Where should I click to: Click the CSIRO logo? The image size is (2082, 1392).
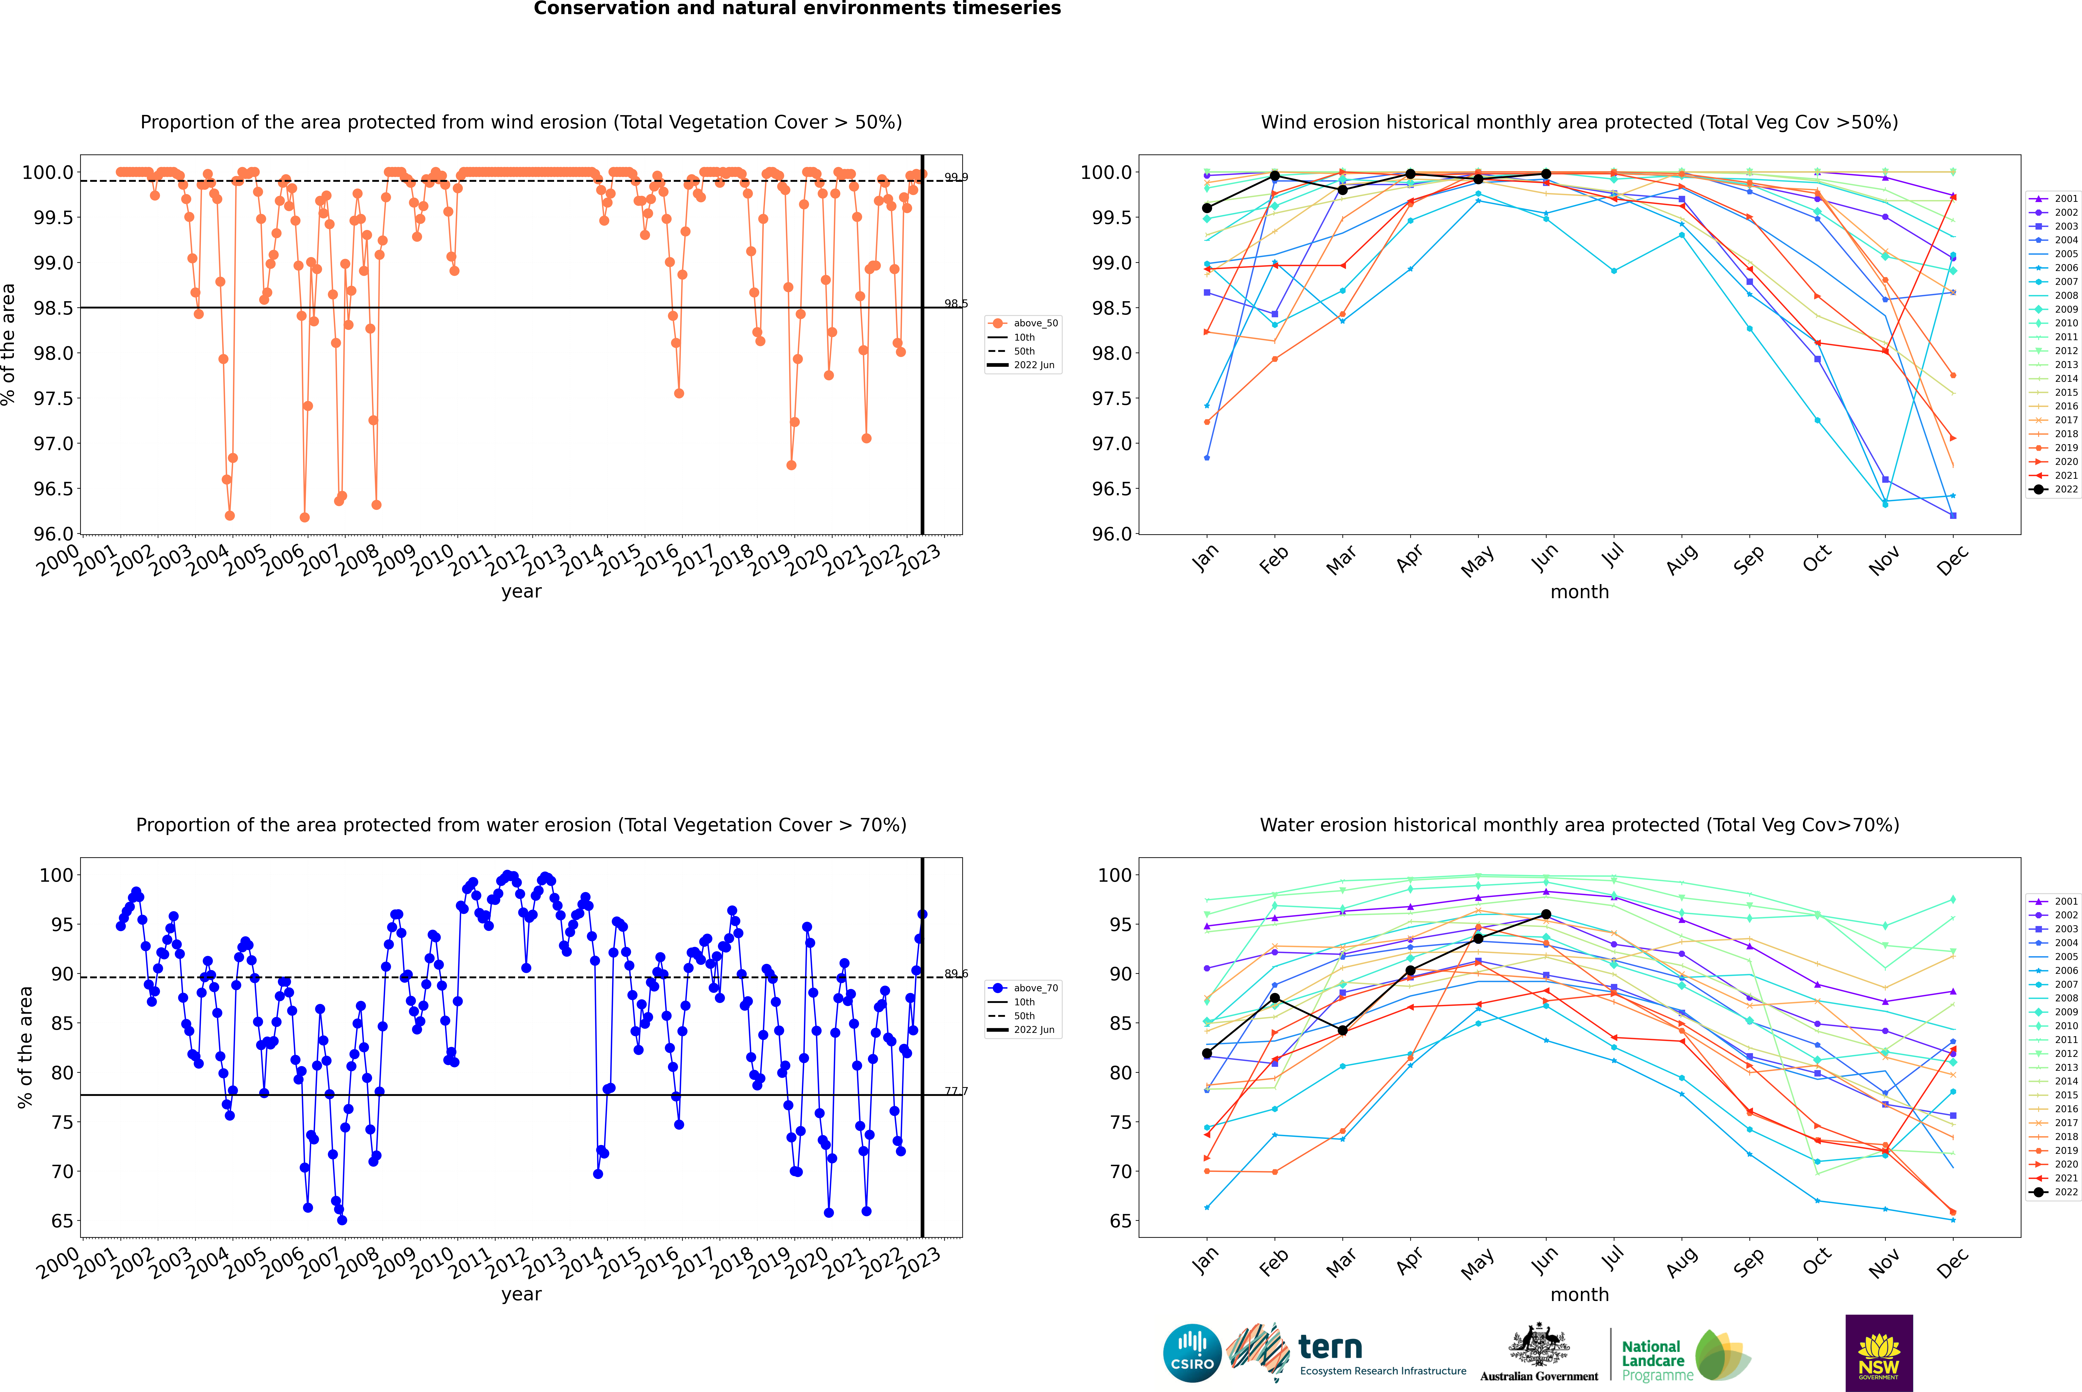coord(1192,1353)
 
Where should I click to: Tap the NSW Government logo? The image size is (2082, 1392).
coord(1879,1353)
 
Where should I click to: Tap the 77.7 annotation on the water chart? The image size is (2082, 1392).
coord(956,1091)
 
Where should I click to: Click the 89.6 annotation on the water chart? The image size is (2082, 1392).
coord(956,974)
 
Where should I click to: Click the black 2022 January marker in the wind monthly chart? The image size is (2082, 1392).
coord(1207,208)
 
